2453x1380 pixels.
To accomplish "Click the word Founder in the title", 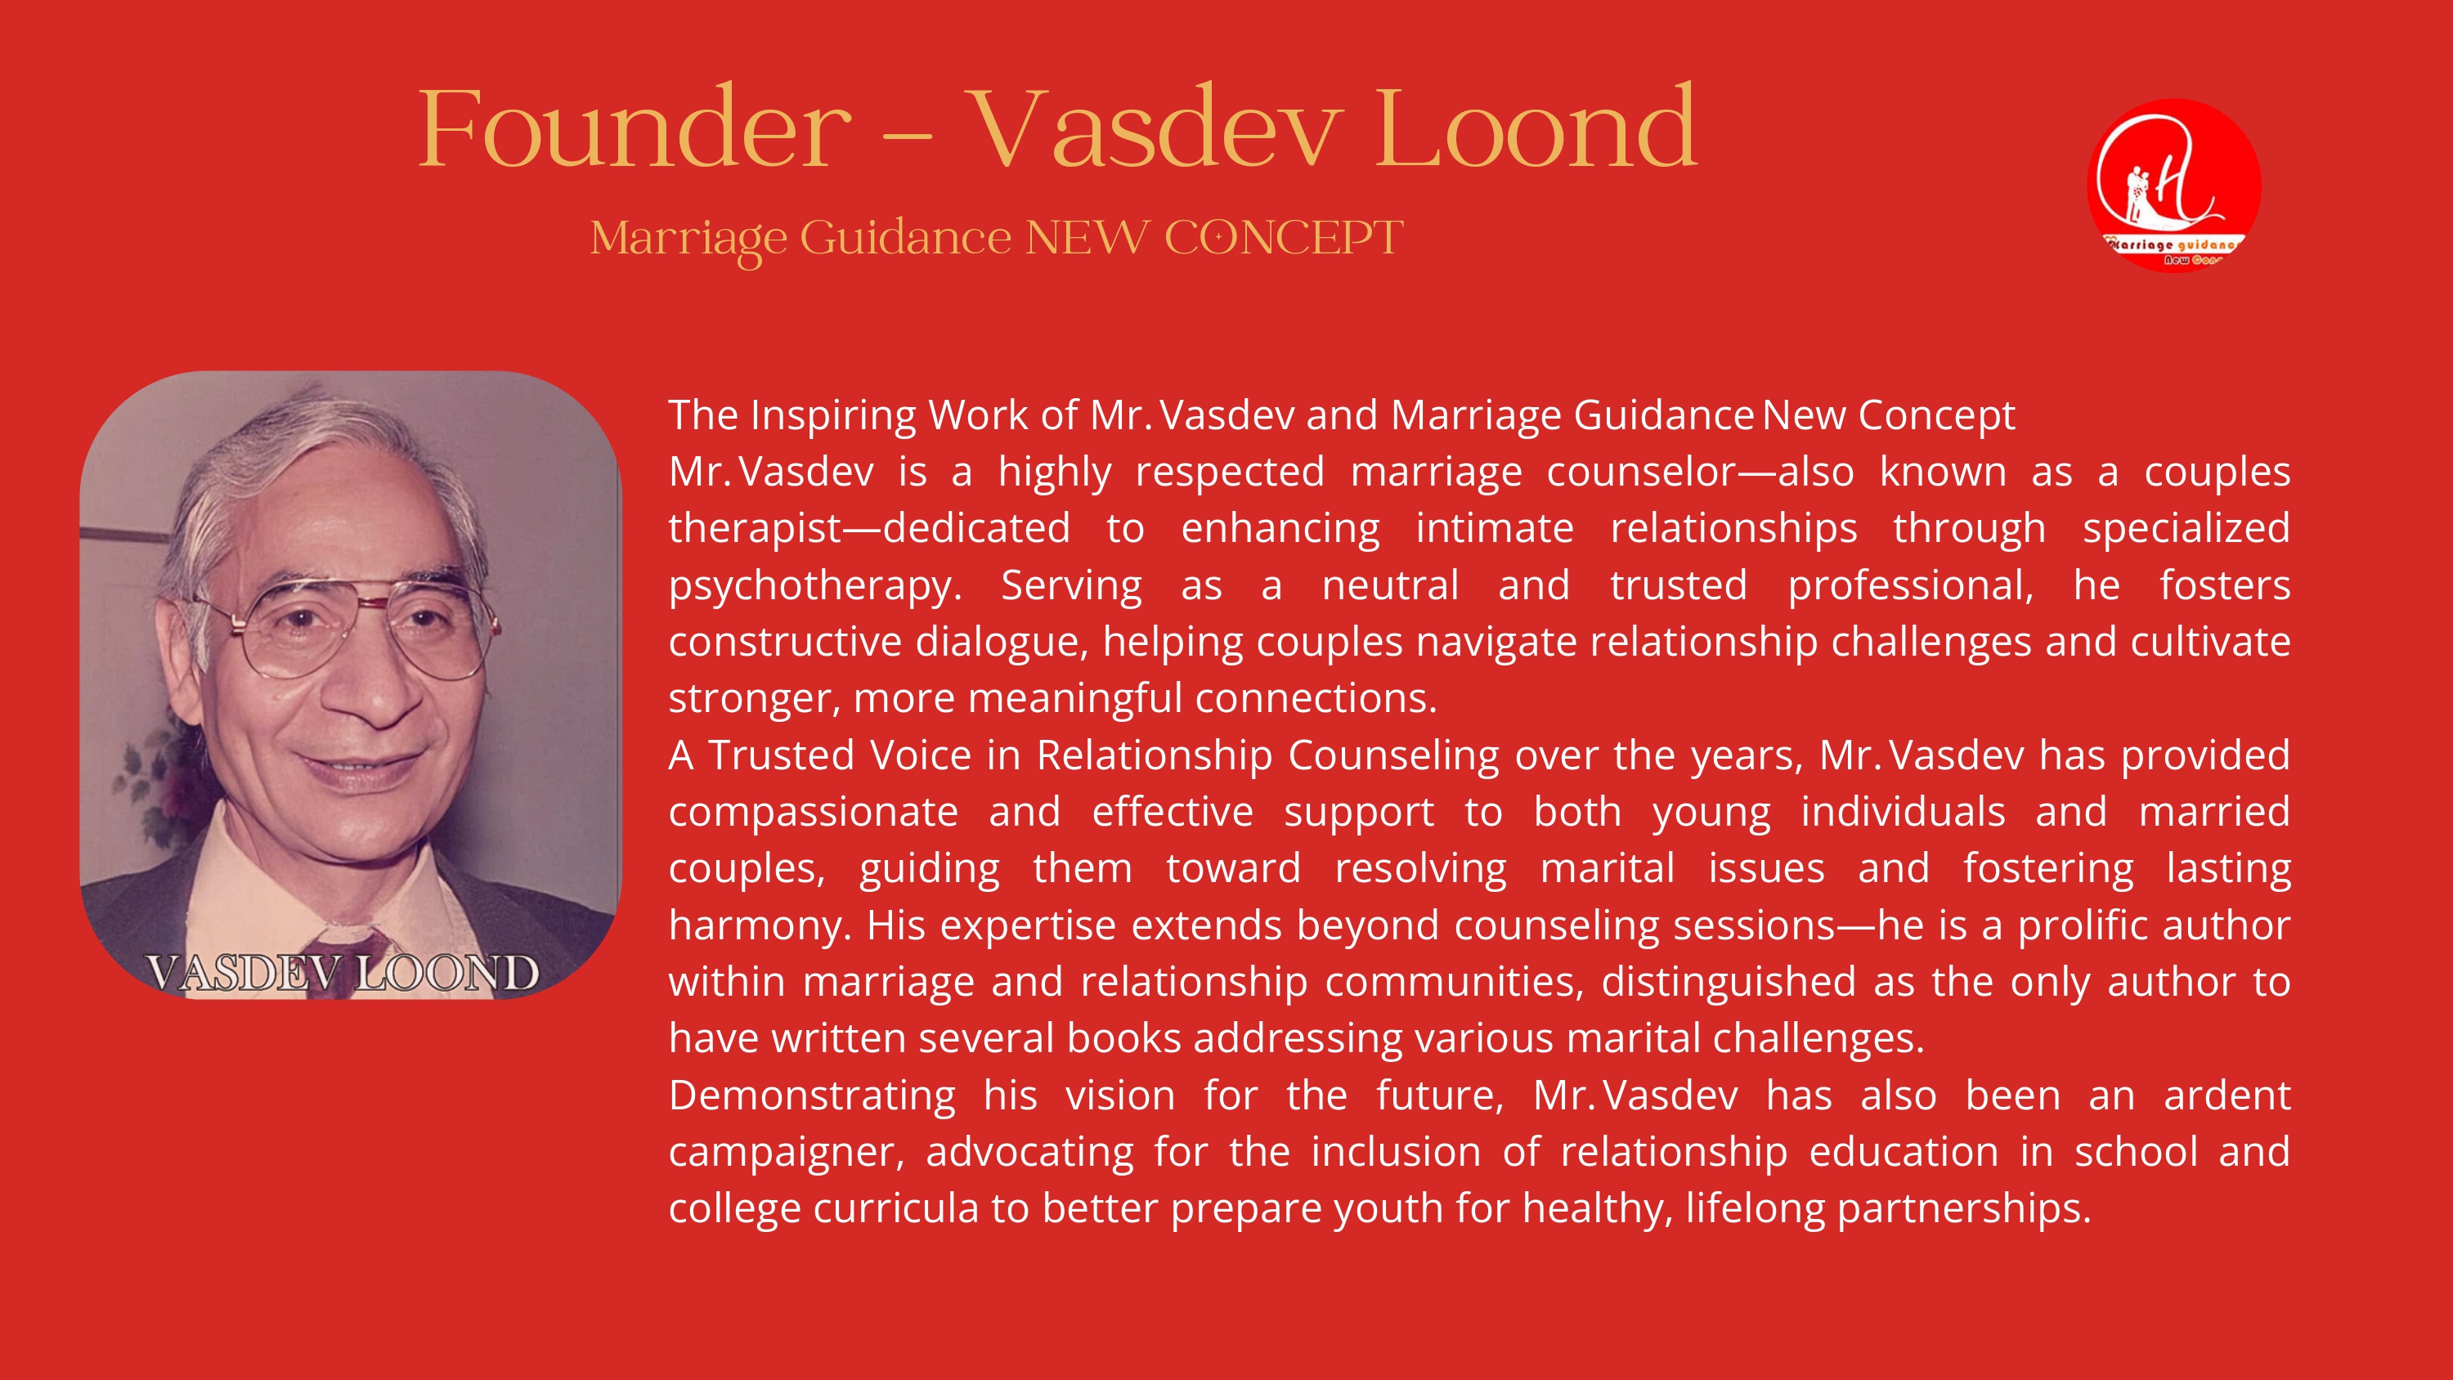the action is (x=635, y=128).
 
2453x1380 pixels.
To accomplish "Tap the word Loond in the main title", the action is (x=1535, y=128).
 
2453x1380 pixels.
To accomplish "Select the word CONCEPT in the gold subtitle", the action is (x=1284, y=237).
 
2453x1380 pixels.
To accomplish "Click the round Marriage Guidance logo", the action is (x=2174, y=185).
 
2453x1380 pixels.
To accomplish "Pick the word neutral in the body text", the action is (x=1390, y=585).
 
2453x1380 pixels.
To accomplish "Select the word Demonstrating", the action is (x=812, y=1096).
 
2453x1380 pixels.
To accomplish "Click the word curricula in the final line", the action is (x=895, y=1207).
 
